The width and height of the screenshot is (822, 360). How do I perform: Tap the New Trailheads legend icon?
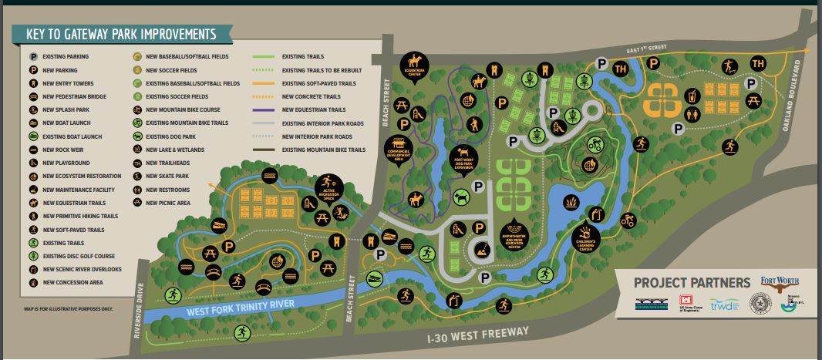(x=137, y=163)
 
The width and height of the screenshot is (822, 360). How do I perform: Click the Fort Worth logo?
(x=779, y=282)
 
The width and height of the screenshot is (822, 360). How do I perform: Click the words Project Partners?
(x=692, y=282)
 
